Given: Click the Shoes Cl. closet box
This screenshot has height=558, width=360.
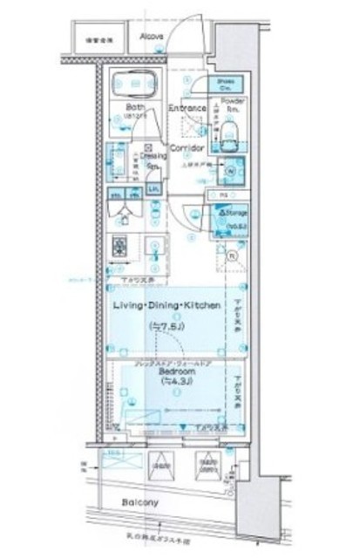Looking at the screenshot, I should (x=223, y=84).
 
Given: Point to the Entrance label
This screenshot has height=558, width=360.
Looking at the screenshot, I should (x=187, y=109).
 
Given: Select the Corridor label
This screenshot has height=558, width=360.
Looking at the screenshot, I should (x=187, y=149).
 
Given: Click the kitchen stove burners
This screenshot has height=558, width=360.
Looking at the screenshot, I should (x=119, y=248).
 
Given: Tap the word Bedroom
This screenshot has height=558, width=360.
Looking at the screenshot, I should (x=178, y=371).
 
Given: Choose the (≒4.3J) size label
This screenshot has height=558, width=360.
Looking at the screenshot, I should (x=177, y=382).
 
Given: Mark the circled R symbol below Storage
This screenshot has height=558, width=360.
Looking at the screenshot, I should (x=232, y=256).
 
